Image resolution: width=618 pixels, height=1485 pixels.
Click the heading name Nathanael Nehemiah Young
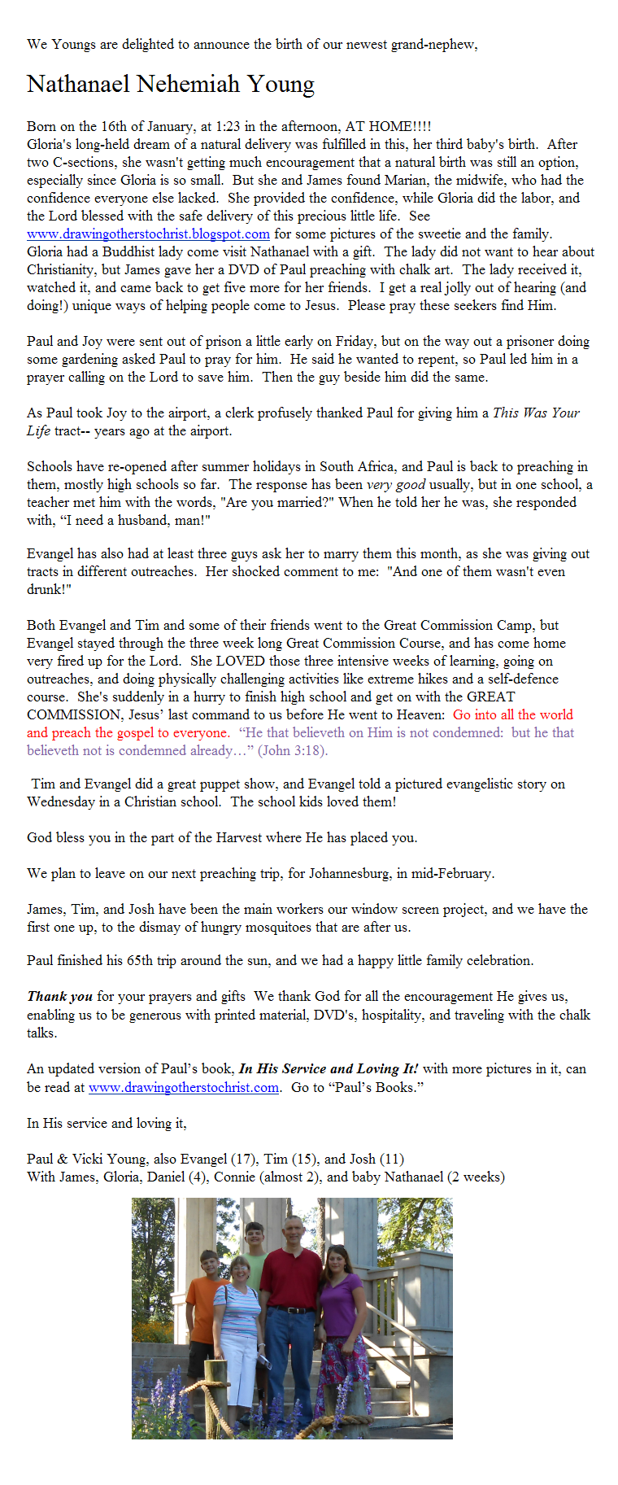pos(170,84)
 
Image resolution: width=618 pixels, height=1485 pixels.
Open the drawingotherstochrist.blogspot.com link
pos(148,234)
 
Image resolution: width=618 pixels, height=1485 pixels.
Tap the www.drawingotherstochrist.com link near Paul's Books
pos(184,1087)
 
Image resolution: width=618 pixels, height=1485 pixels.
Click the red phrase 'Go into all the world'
pos(512,714)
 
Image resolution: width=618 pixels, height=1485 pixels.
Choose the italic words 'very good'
pos(396,484)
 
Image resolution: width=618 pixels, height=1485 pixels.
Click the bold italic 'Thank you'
pos(60,996)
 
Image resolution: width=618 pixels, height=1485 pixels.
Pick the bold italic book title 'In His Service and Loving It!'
pos(329,1069)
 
